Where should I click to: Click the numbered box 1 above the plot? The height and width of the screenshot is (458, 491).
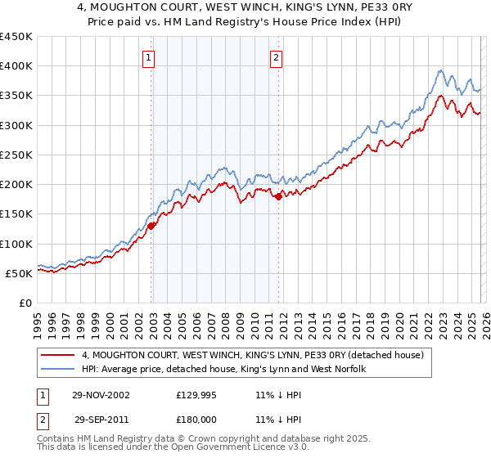(x=149, y=57)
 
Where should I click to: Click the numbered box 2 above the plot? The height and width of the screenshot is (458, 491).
(x=277, y=57)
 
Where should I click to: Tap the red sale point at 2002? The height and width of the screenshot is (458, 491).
(x=151, y=227)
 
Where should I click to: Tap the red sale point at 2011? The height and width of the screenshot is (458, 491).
(x=279, y=196)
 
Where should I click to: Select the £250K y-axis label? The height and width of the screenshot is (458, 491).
(x=16, y=155)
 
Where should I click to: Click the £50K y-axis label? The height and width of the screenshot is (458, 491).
(x=20, y=273)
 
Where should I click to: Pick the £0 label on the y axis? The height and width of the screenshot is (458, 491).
(x=25, y=303)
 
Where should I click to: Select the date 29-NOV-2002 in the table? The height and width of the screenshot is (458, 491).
(x=101, y=394)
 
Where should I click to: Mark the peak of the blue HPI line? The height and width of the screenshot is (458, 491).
(x=440, y=70)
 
